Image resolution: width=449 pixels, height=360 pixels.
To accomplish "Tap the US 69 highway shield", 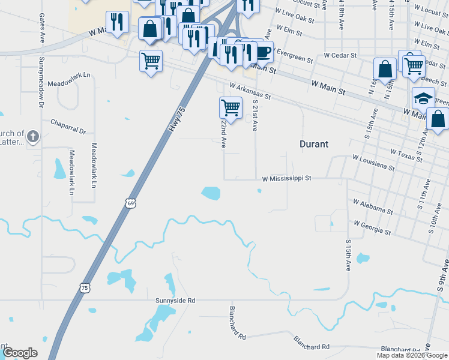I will pyautogui.click(x=131, y=203).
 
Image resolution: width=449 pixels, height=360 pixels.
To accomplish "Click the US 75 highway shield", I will pyautogui.click(x=85, y=287).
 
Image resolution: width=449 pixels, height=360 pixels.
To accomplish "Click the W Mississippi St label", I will pyautogui.click(x=287, y=178).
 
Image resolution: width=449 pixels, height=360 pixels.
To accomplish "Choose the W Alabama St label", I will pyautogui.click(x=373, y=207).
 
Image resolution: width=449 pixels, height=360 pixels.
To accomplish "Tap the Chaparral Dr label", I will pyautogui.click(x=68, y=127).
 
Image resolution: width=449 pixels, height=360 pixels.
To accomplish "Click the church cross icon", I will pyautogui.click(x=32, y=137).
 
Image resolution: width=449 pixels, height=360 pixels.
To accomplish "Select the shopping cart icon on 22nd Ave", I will pyautogui.click(x=231, y=107).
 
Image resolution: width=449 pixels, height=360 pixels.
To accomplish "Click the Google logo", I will pyautogui.click(x=20, y=353).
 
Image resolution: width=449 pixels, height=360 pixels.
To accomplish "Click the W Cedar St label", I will pyautogui.click(x=340, y=55).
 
